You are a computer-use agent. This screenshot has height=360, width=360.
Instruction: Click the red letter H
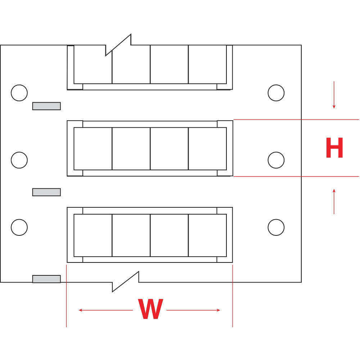[x=334, y=148]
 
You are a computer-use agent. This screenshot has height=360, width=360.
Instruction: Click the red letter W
[x=150, y=309]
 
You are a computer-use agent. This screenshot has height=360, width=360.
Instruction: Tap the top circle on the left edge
[x=19, y=93]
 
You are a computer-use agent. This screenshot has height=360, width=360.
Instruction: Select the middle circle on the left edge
[x=19, y=160]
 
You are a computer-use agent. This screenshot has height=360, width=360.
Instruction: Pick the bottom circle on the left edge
[x=19, y=227]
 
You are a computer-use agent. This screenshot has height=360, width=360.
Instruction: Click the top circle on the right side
[x=276, y=93]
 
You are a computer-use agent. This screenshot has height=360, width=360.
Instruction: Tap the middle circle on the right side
[x=276, y=160]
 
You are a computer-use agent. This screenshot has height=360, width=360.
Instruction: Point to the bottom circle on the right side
[x=276, y=227]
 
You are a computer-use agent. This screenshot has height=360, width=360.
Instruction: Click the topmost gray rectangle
[x=46, y=106]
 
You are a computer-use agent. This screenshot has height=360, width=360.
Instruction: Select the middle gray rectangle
[x=46, y=192]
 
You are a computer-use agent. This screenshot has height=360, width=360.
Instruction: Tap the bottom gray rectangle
[x=46, y=279]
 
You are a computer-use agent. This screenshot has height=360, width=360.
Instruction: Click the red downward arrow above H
[x=334, y=95]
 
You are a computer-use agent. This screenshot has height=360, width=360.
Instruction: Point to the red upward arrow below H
[x=334, y=202]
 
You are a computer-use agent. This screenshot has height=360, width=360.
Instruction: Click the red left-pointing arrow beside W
[x=105, y=310]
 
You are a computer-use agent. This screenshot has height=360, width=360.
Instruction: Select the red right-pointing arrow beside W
[x=193, y=310]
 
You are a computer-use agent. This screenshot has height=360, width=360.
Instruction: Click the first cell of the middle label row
[x=93, y=149]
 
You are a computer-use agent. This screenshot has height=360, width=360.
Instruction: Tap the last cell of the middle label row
[x=207, y=149]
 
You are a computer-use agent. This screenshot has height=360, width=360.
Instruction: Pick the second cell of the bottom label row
[x=131, y=235]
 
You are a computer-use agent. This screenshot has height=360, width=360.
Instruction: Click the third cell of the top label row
[x=169, y=64]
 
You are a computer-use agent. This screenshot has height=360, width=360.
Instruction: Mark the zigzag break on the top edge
[x=118, y=45]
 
